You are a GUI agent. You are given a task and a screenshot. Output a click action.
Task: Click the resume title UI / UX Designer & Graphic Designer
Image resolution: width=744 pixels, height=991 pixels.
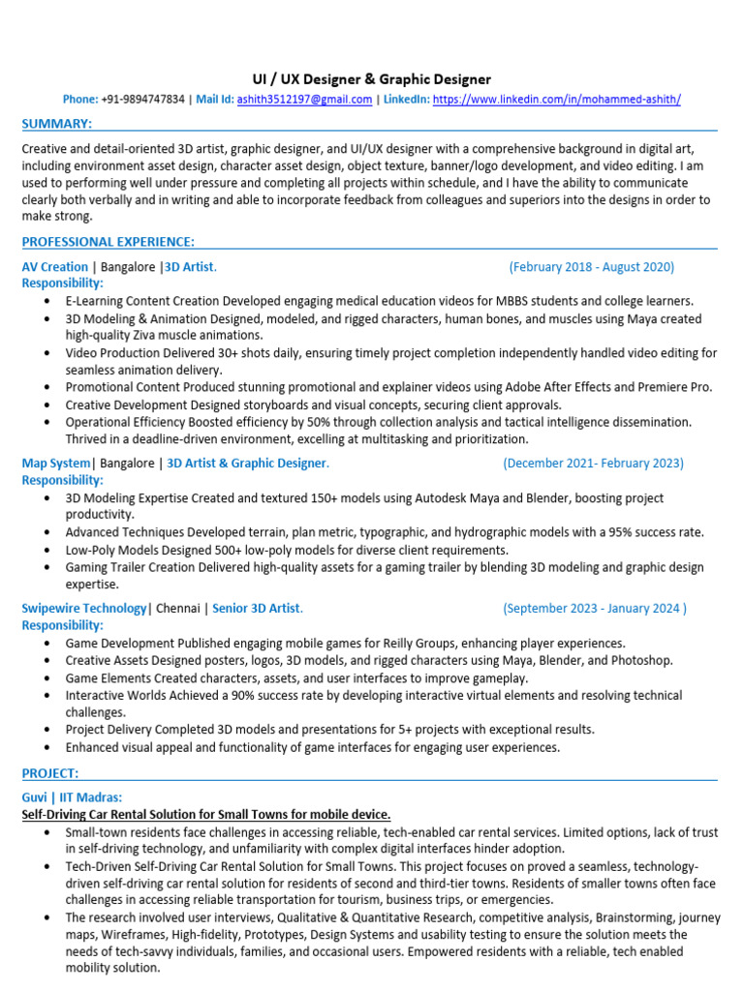click(372, 79)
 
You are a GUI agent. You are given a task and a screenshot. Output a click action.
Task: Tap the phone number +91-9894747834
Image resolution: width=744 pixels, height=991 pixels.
click(141, 100)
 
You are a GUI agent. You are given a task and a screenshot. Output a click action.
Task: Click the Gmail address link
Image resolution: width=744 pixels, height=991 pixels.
click(304, 100)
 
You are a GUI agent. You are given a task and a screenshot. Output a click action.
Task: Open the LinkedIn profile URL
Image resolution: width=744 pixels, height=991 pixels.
click(556, 100)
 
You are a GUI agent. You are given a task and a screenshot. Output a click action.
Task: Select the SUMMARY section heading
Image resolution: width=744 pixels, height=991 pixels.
click(57, 124)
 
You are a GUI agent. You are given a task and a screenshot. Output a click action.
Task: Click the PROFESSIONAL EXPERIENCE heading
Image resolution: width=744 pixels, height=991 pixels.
click(108, 241)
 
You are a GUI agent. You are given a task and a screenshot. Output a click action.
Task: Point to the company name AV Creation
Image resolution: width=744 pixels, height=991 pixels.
click(54, 267)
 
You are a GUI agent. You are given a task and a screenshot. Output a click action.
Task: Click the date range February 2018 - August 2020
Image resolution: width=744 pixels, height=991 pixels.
click(591, 267)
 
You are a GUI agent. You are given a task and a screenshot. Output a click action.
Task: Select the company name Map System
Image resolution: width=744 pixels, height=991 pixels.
click(56, 464)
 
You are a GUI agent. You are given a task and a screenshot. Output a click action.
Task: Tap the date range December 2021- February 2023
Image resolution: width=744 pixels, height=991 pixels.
click(593, 464)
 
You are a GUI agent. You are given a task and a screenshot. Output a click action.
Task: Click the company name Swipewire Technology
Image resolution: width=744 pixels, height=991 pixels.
click(84, 609)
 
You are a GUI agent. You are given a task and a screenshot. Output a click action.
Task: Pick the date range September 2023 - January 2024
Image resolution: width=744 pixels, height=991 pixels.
click(594, 609)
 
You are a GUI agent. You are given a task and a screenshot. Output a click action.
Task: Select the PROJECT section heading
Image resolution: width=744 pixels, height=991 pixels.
click(50, 772)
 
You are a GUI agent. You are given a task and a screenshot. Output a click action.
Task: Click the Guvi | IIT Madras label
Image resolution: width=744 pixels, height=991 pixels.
click(72, 797)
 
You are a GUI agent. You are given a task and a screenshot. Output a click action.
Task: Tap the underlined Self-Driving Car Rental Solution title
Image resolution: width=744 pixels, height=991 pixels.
click(206, 815)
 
